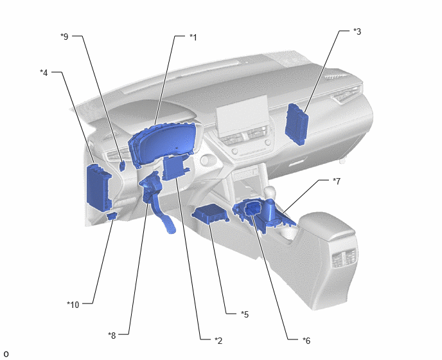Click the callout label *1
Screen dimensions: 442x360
point(193,37)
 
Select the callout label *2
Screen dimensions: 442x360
point(218,341)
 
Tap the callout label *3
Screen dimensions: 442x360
point(357,32)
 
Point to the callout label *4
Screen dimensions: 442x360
point(44,73)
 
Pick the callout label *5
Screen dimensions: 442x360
point(245,314)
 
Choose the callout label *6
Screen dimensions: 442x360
point(306,341)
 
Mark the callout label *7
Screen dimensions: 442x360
point(337,181)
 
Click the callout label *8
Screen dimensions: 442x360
point(112,335)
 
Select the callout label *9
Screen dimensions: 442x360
point(64,37)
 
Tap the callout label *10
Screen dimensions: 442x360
point(73,305)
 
